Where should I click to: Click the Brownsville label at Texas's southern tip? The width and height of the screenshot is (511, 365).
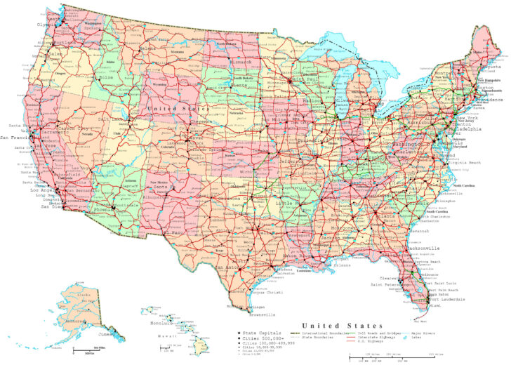pyautogui.click(x=260, y=314)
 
